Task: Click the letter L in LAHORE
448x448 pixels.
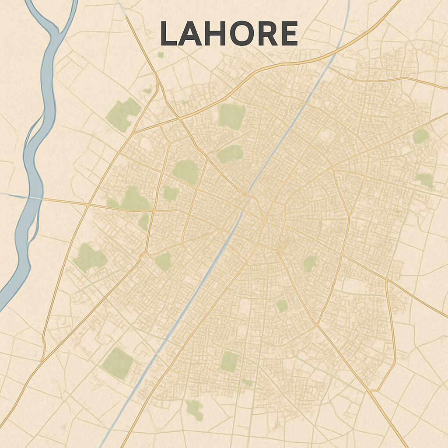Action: (x=168, y=34)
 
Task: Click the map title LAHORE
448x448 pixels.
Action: (x=229, y=34)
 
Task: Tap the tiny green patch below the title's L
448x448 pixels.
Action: (x=161, y=55)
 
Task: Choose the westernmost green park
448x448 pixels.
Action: (x=89, y=258)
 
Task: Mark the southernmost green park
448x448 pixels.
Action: (x=194, y=409)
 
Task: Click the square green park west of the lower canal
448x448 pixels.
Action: (x=117, y=363)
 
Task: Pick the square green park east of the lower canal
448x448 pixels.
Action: (x=229, y=361)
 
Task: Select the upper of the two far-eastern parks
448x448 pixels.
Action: (x=420, y=136)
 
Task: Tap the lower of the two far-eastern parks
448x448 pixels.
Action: (x=424, y=180)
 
